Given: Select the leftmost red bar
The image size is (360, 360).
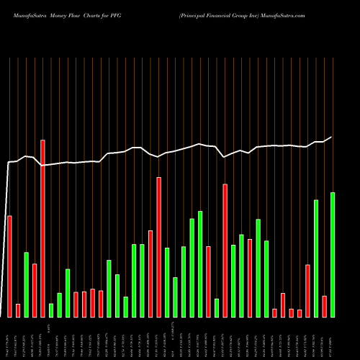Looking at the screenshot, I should tap(9, 266).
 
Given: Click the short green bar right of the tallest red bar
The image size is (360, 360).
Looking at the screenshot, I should tap(51, 310).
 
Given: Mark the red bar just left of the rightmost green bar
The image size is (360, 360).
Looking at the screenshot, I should tap(324, 306).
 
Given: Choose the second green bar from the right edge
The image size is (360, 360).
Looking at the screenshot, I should tap(316, 258).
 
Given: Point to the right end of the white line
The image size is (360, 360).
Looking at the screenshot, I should tap(332, 137).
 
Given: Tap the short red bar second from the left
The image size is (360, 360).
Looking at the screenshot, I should tap(18, 310).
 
